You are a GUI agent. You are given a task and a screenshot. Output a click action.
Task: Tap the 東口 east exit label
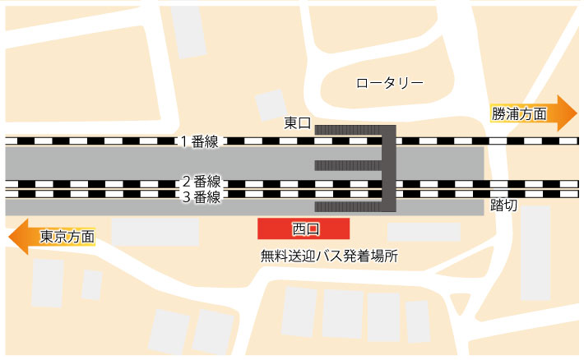click(x=297, y=123)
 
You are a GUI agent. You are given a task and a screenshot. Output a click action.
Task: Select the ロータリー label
click(x=389, y=83)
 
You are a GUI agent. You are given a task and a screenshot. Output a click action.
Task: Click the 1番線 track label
click(x=200, y=141)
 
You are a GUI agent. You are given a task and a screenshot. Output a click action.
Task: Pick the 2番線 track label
click(x=202, y=182)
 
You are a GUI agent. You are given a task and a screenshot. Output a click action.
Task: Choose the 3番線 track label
click(x=202, y=197)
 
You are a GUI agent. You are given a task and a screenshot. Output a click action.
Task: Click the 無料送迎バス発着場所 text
click(x=328, y=256)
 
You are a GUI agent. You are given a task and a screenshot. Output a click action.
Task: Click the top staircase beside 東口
click(x=347, y=129)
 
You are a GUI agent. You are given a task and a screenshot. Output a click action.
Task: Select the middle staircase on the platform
click(x=347, y=165)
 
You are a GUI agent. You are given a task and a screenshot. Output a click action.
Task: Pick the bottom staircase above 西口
click(x=347, y=206)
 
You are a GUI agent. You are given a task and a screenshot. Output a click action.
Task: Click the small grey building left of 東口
click(x=271, y=106)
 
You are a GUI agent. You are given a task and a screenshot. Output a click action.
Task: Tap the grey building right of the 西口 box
click(x=424, y=231)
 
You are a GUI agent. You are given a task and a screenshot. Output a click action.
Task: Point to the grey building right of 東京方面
click(x=155, y=231)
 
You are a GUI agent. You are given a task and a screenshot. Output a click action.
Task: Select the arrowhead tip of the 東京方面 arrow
click(x=7, y=237)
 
